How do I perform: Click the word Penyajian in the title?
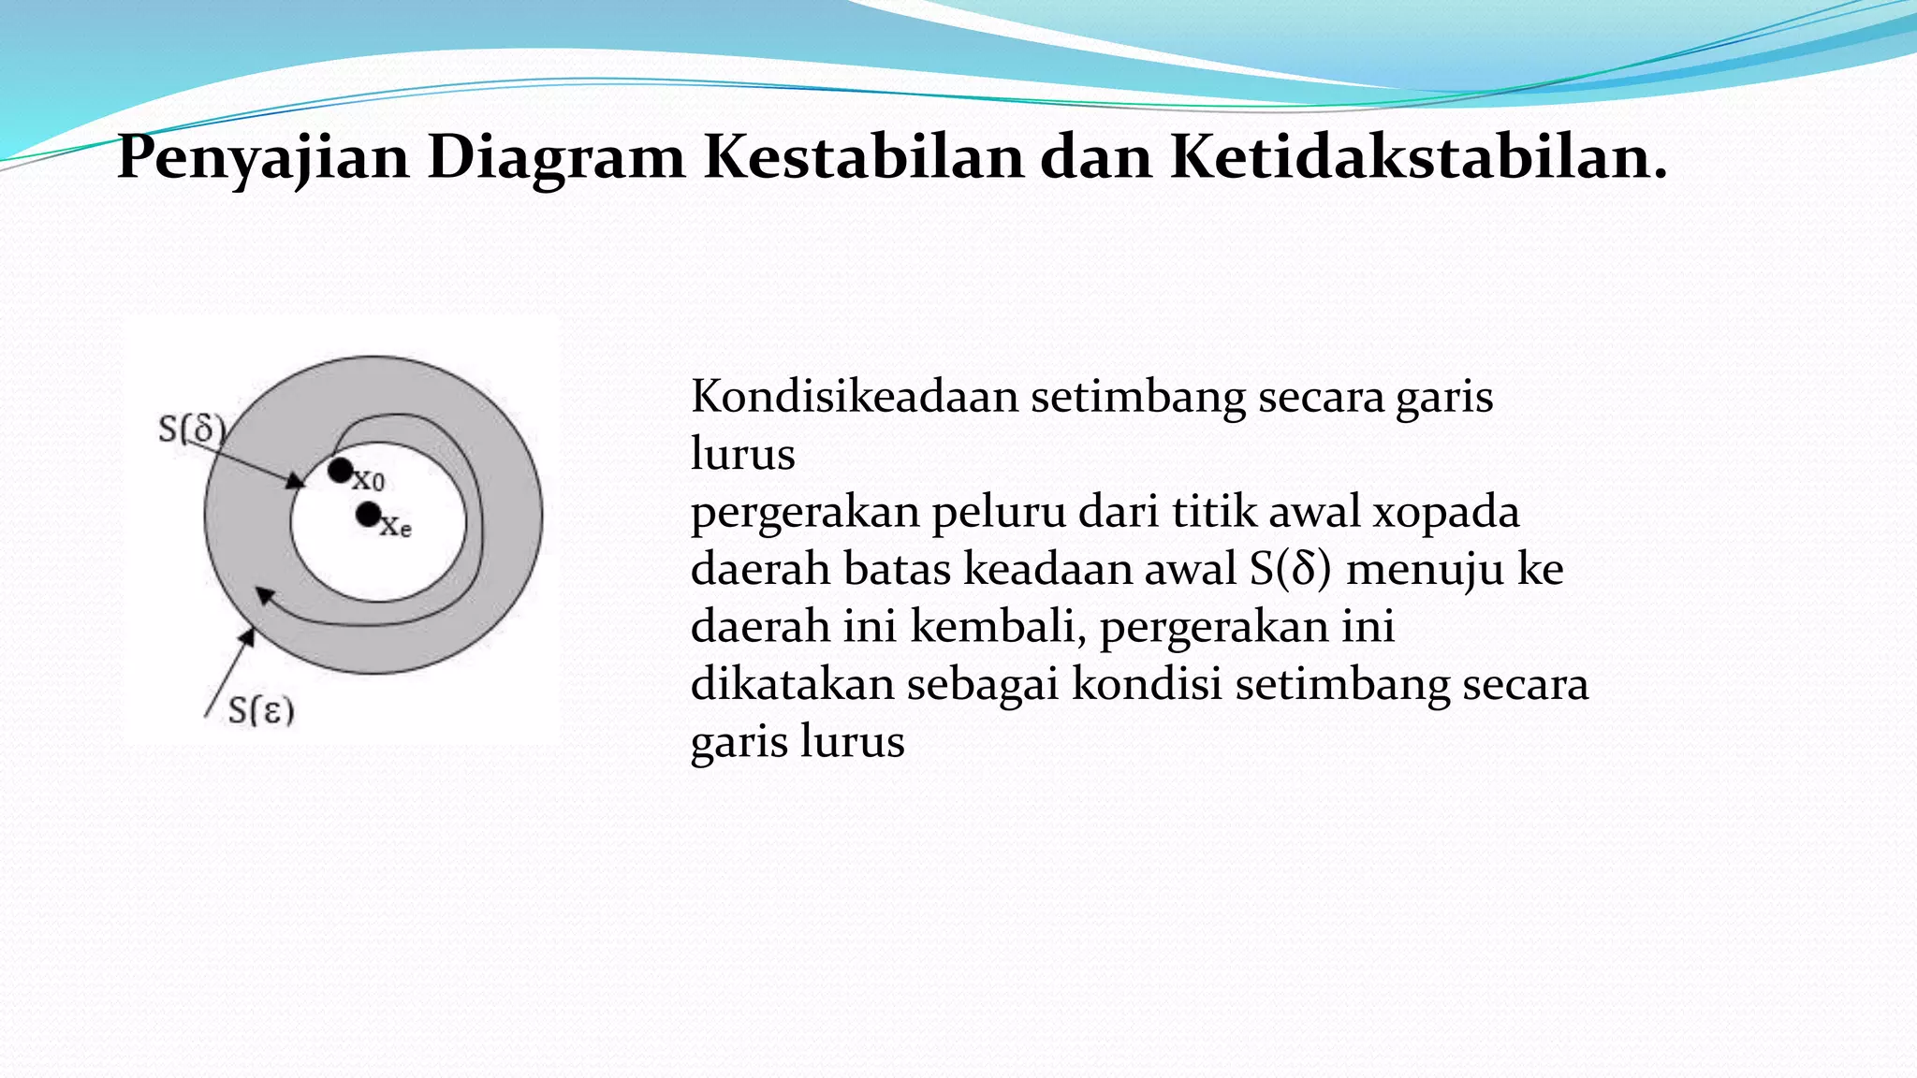pyautogui.click(x=263, y=157)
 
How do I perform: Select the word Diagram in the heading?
pyautogui.click(x=556, y=157)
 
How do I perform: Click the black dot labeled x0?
pyautogui.click(x=341, y=471)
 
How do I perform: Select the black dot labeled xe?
pyautogui.click(x=369, y=514)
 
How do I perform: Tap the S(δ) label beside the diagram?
pyautogui.click(x=192, y=430)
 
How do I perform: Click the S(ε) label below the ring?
pyautogui.click(x=261, y=710)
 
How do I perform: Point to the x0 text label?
pyautogui.click(x=369, y=482)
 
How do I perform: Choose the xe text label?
pyautogui.click(x=396, y=528)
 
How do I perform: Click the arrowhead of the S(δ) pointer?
pyautogui.click(x=297, y=481)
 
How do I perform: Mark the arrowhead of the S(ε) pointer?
pyautogui.click(x=247, y=636)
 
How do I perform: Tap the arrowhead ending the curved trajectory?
pyautogui.click(x=265, y=594)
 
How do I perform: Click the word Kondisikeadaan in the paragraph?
pyautogui.click(x=855, y=397)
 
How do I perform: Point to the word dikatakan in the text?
pyautogui.click(x=792, y=684)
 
